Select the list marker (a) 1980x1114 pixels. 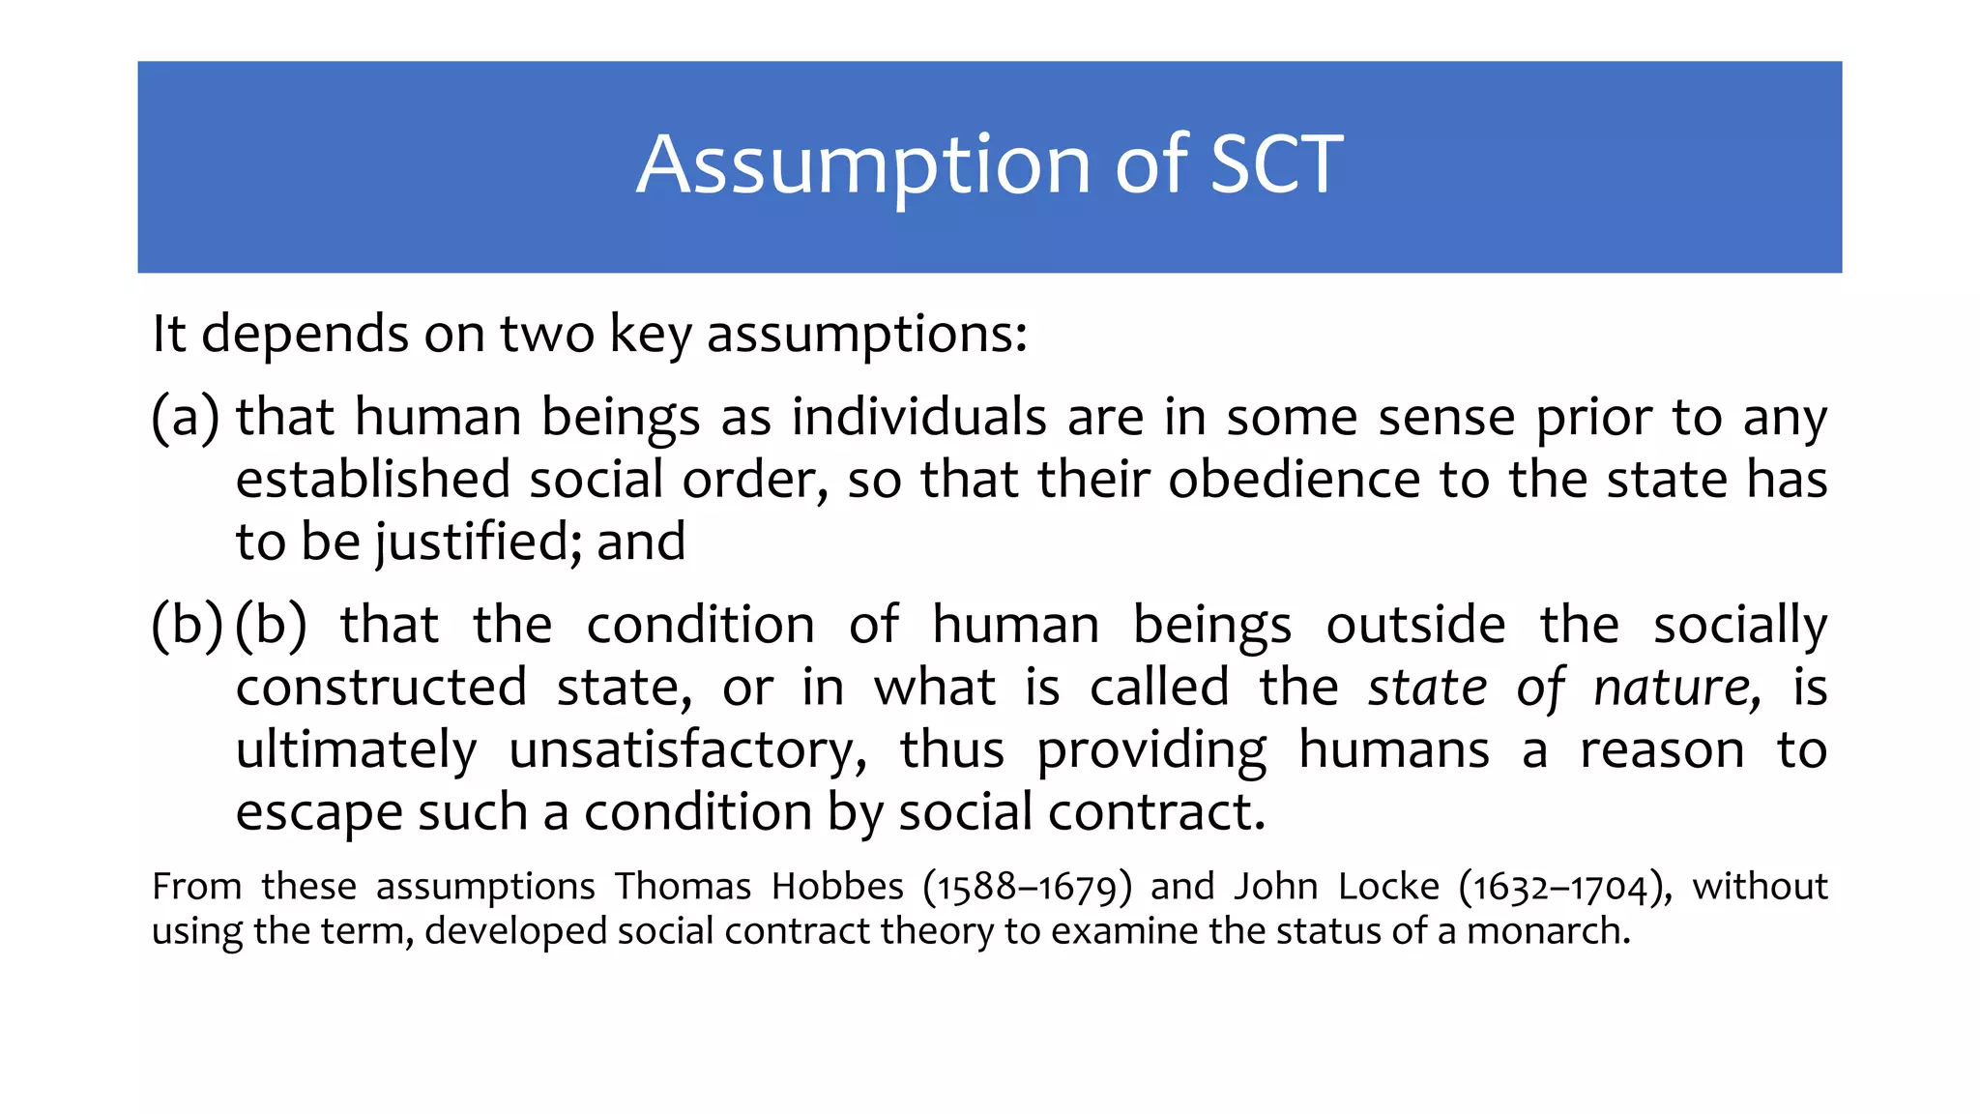pyautogui.click(x=186, y=418)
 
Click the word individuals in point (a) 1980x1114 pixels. pyautogui.click(x=918, y=418)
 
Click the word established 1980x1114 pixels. pyautogui.click(x=373, y=480)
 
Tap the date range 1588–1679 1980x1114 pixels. pyautogui.click(x=1027, y=888)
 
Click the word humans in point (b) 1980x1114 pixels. pyautogui.click(x=1393, y=750)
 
